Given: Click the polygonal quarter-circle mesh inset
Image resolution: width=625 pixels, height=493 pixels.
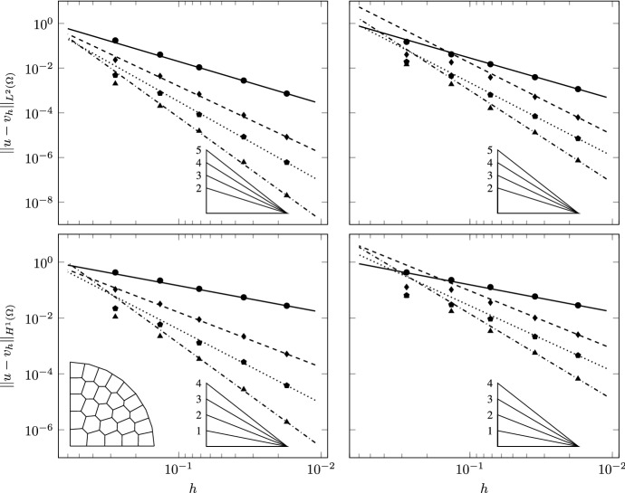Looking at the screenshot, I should point(112,403).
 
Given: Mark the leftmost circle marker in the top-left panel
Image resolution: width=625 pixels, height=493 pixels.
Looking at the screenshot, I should point(115,41).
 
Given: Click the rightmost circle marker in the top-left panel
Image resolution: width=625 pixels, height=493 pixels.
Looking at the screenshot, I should point(286,94).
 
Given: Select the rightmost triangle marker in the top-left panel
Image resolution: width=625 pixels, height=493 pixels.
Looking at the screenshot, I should point(286,194).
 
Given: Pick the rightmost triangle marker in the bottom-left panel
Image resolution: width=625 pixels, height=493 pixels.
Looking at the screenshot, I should point(286,422).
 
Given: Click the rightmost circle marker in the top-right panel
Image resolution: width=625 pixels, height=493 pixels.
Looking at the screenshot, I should point(577,89).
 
